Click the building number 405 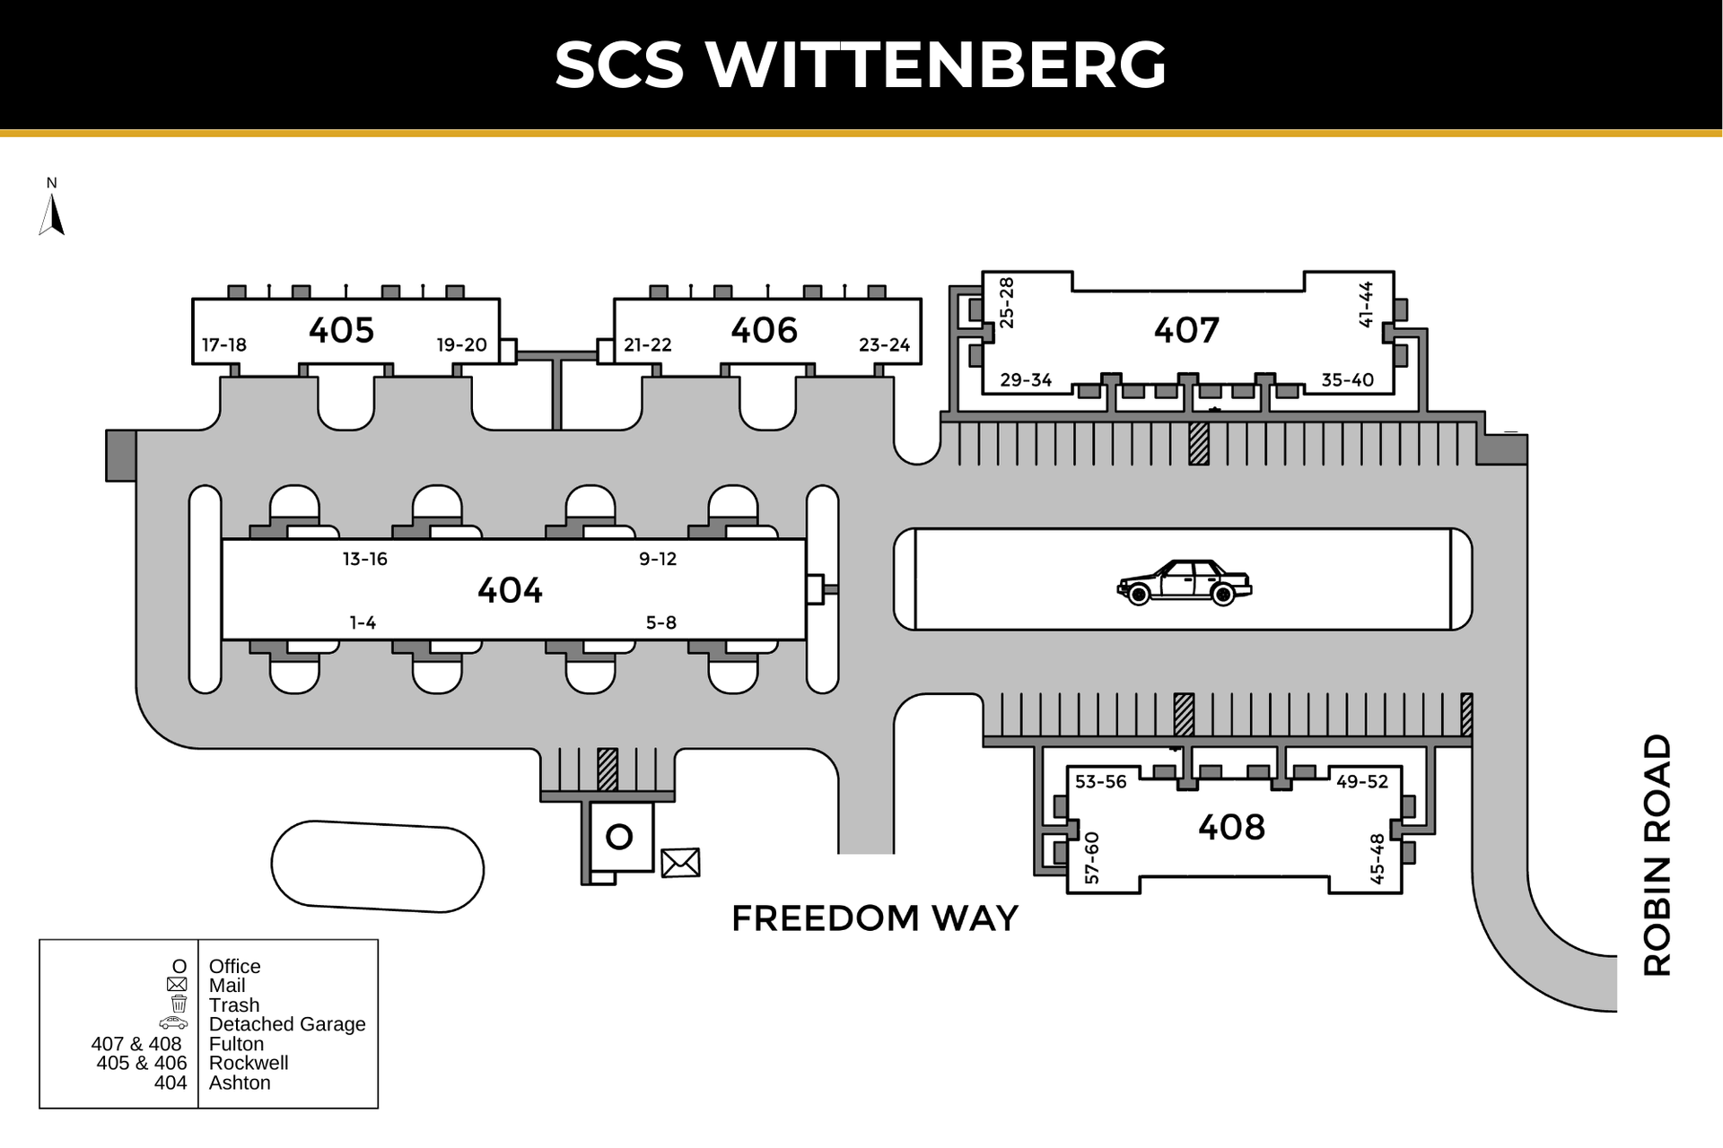(341, 330)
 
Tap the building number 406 (764, 330)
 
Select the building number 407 (1186, 331)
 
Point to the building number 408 (1231, 827)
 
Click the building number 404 (510, 590)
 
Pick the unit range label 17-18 (224, 344)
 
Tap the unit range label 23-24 (884, 344)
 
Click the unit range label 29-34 (1026, 380)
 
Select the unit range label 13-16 (364, 559)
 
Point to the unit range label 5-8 (660, 622)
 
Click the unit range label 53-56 (1100, 782)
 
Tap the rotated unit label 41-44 (1366, 305)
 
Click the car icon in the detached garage (1184, 583)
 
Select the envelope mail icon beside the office (680, 863)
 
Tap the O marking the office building (619, 837)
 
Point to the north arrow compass (52, 213)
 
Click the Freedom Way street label (875, 918)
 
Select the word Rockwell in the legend (249, 1063)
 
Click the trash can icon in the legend (179, 1004)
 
